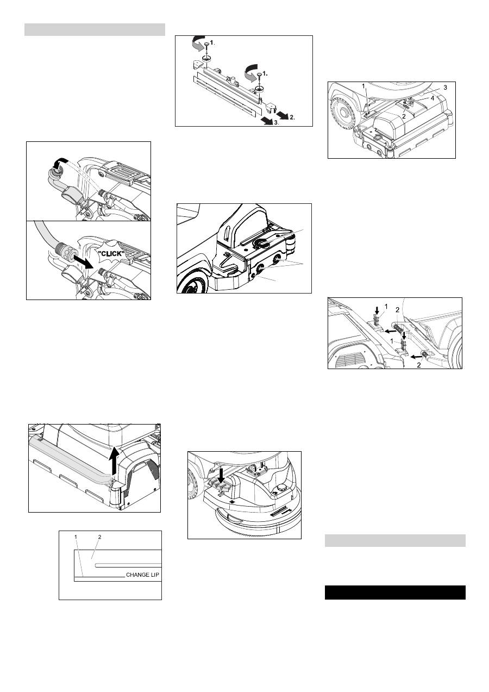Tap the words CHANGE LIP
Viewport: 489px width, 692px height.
[x=142, y=575]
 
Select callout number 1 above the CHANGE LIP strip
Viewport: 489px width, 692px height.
[x=76, y=537]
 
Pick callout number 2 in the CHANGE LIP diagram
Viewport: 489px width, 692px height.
[x=99, y=537]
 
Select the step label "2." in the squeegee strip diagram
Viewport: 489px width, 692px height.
[x=292, y=117]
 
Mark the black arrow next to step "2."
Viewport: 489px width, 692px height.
[x=282, y=115]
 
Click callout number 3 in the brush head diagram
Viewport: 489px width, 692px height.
[x=445, y=88]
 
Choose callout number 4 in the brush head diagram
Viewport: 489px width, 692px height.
[x=432, y=98]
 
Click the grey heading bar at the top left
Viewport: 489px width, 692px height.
[x=95, y=29]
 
